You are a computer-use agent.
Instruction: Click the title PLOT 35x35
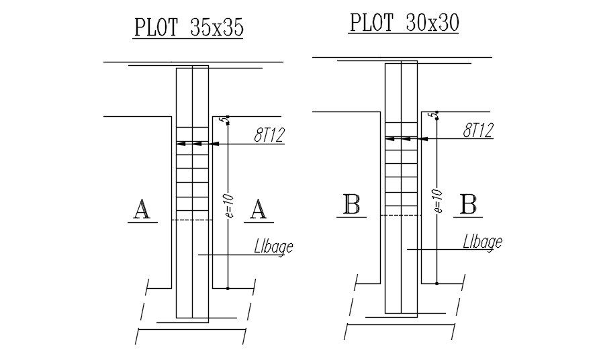pyautogui.click(x=188, y=28)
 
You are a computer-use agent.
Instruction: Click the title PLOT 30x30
pyautogui.click(x=404, y=22)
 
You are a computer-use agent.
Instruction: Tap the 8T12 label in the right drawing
pyautogui.click(x=477, y=130)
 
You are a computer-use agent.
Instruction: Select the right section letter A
pyautogui.click(x=258, y=210)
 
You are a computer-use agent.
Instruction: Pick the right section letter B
pyautogui.click(x=468, y=204)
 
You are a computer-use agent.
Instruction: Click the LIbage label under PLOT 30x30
pyautogui.click(x=482, y=241)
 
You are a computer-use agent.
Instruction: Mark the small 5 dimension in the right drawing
pyautogui.click(x=437, y=114)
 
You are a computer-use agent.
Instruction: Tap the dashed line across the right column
pyautogui.click(x=401, y=215)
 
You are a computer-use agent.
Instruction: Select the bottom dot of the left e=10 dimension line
pyautogui.click(x=228, y=288)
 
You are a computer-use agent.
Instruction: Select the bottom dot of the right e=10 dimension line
pyautogui.click(x=437, y=283)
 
